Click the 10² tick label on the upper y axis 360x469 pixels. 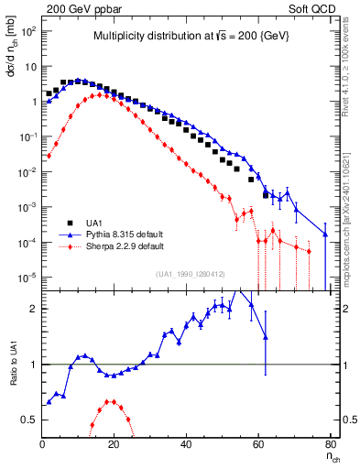click(x=29, y=31)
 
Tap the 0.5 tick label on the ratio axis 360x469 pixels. click(x=27, y=420)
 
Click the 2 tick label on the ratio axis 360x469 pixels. click(x=32, y=309)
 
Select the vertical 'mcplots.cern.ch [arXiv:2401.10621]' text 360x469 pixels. click(x=348, y=211)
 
